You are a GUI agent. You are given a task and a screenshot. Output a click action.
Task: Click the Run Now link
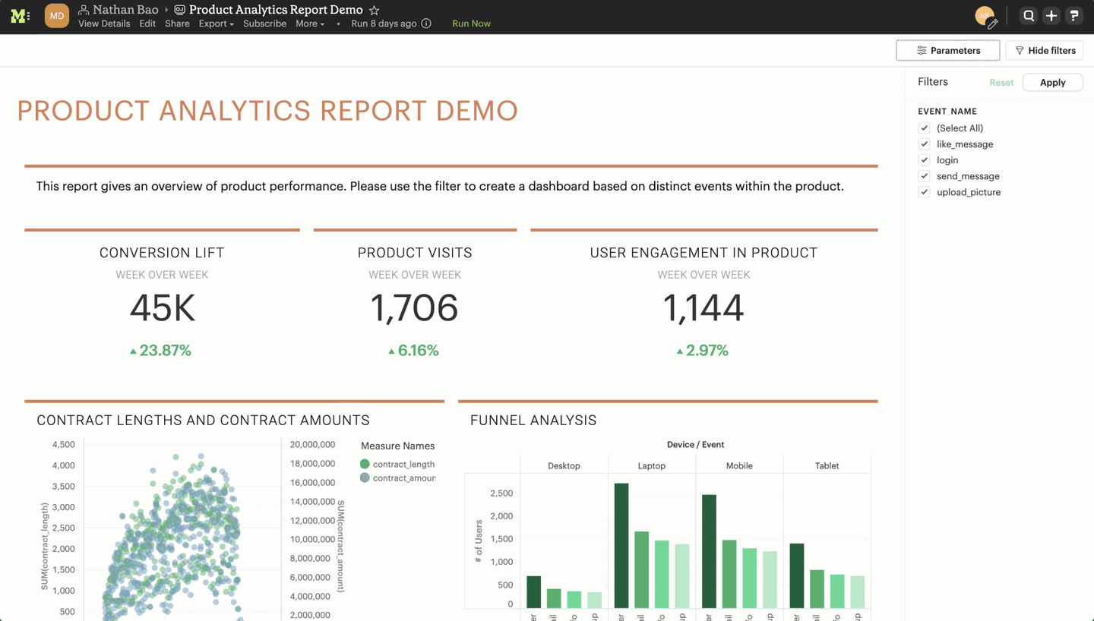(471, 24)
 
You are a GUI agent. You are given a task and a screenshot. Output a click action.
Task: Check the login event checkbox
(924, 160)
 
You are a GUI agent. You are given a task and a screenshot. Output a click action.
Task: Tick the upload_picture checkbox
(924, 192)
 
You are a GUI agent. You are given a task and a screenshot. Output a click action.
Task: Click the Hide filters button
(1045, 51)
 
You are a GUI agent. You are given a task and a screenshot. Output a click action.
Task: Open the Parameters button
(947, 51)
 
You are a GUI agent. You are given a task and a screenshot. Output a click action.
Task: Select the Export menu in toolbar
(216, 24)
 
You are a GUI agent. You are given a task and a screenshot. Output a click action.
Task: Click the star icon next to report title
(374, 10)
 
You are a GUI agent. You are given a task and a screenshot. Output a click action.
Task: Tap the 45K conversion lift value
(162, 308)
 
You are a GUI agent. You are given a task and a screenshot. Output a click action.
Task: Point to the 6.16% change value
(414, 351)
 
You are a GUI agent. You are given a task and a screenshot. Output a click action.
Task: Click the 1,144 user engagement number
(703, 308)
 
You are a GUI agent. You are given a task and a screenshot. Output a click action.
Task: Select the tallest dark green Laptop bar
(621, 545)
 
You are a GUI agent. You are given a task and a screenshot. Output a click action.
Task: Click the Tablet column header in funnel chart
(827, 465)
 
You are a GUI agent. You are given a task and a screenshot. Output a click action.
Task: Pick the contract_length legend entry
(403, 464)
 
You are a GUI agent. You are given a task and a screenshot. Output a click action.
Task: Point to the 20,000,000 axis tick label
(312, 445)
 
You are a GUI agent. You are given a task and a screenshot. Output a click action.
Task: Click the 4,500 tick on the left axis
(63, 445)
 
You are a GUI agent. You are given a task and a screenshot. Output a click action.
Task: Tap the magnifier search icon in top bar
(1029, 16)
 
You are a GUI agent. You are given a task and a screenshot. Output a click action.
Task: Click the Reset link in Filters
(1001, 83)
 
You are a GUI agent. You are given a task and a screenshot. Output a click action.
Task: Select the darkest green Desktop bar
(534, 591)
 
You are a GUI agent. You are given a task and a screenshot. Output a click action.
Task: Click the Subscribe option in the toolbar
(264, 24)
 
